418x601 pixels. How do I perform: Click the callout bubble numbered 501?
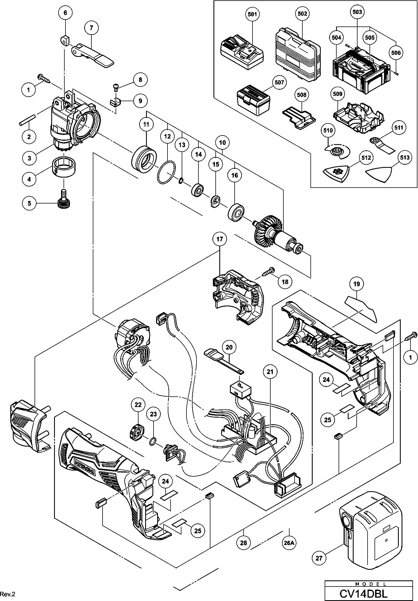pos(252,14)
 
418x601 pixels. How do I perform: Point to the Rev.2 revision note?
pos(8,594)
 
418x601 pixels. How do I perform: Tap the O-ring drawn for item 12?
pos(167,173)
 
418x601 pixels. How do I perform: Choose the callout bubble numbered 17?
pos(220,239)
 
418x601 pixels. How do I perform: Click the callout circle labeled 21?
pos(270,372)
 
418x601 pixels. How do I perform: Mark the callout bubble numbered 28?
pos(244,543)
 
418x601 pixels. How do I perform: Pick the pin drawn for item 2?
pos(27,121)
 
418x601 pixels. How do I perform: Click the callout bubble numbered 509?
pos(337,94)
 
